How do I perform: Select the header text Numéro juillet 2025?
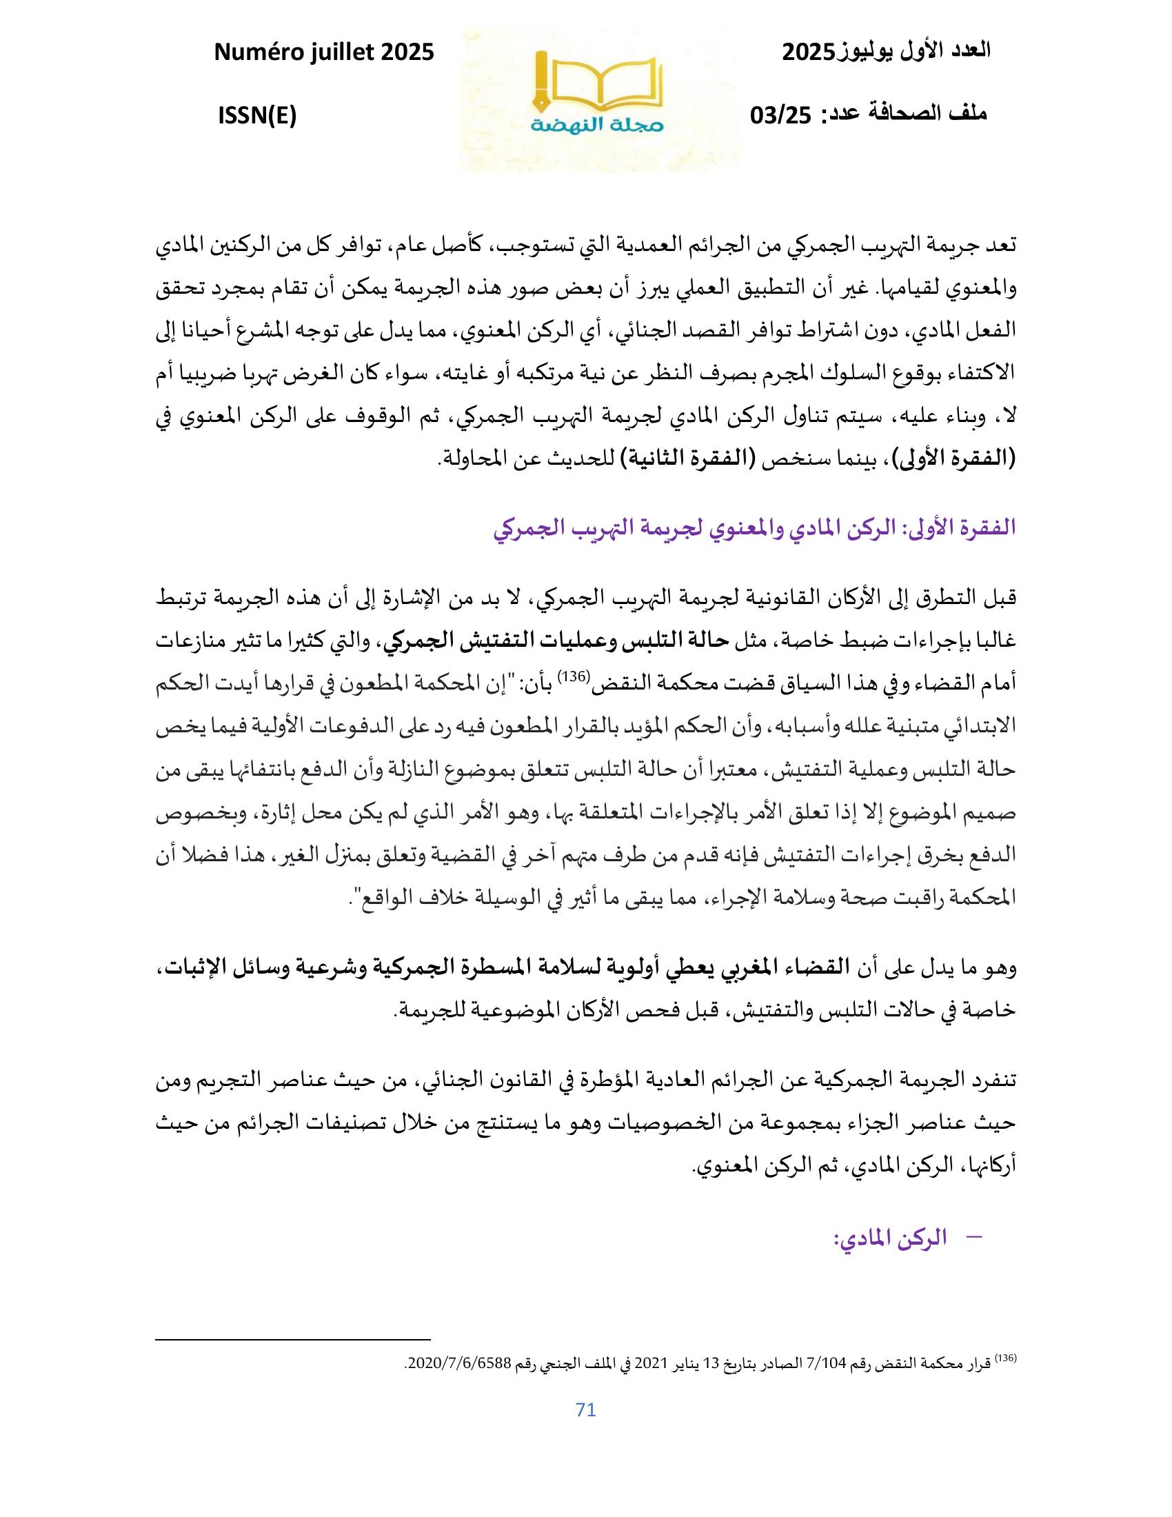click(323, 53)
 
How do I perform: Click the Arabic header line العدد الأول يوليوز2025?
click(886, 52)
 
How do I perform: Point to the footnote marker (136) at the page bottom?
click(1005, 1356)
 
